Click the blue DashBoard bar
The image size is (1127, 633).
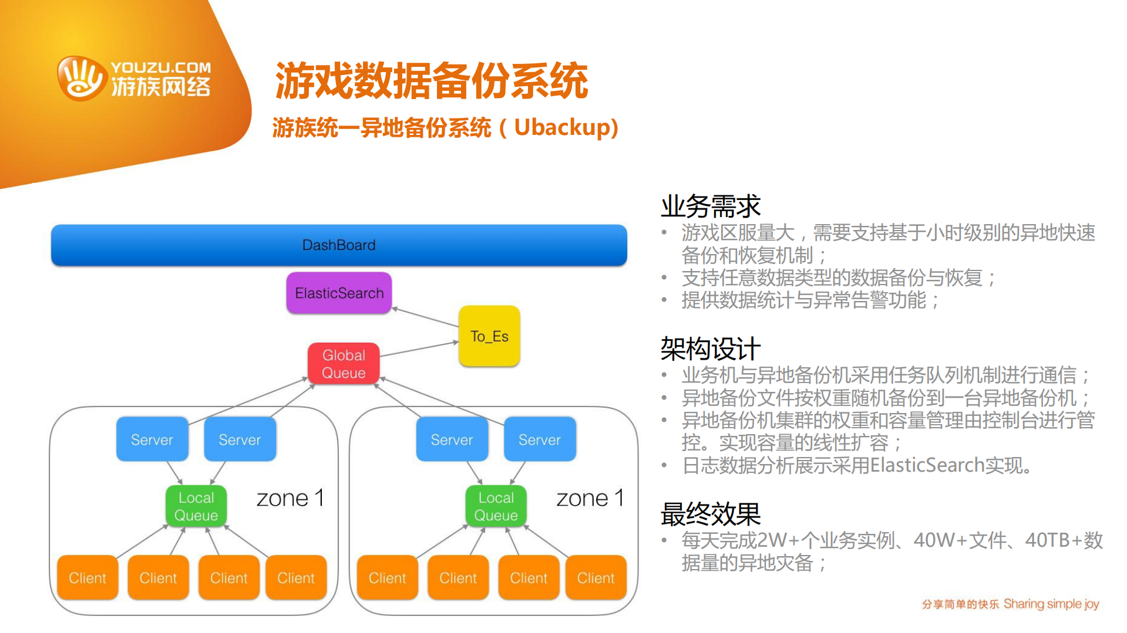[339, 245]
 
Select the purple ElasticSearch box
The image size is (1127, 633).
[339, 293]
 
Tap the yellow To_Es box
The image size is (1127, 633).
[489, 336]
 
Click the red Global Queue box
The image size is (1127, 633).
[344, 364]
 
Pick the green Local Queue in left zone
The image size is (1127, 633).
[196, 506]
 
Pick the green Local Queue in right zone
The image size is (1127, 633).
[496, 506]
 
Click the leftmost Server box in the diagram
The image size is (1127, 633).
[152, 439]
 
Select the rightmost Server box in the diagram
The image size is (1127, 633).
[539, 439]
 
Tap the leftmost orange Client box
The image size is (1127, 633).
[88, 578]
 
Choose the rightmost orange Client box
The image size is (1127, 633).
[596, 578]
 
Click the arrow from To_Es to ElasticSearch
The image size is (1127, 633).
[425, 317]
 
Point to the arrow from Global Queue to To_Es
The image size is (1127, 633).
[418, 349]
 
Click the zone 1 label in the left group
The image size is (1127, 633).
[290, 498]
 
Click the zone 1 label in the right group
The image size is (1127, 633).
[590, 498]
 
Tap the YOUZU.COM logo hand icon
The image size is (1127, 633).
[82, 79]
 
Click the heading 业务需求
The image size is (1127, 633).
[710, 207]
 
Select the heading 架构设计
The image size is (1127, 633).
[710, 349]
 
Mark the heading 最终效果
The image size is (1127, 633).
[710, 514]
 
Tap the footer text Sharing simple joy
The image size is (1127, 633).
[1051, 604]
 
